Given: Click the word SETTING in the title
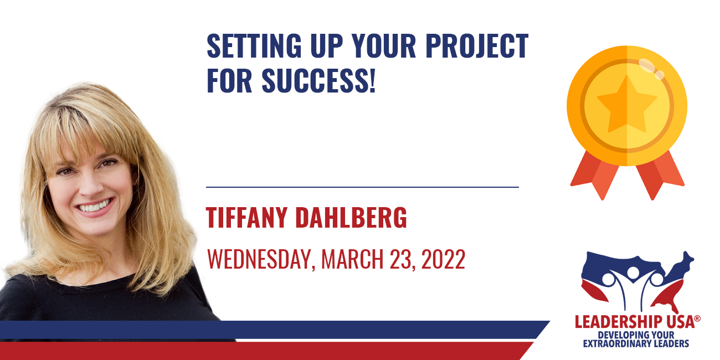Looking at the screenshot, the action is (254, 46).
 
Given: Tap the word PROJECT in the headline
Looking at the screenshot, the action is (477, 46).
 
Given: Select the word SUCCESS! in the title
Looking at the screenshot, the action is (318, 80).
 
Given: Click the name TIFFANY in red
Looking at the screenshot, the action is (246, 218).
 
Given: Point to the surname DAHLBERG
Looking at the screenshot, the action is (351, 218).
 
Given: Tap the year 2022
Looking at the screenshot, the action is (443, 259).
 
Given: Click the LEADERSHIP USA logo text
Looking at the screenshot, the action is (635, 322).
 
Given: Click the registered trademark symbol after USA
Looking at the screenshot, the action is (697, 318).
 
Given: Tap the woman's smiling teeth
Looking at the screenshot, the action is (95, 206).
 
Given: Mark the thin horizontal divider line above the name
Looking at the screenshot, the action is (363, 187).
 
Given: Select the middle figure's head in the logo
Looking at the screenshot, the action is (633, 273).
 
